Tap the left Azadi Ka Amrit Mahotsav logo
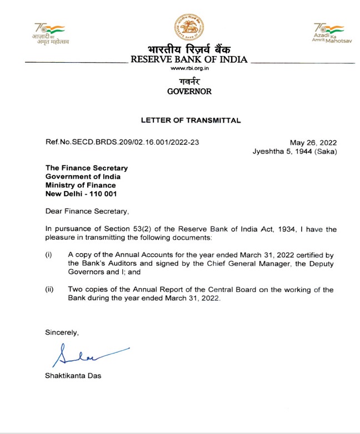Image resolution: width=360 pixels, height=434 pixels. [x=50, y=34]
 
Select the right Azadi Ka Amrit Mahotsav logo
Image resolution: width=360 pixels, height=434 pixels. [x=328, y=33]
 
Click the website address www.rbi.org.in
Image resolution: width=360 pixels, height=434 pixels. [x=189, y=68]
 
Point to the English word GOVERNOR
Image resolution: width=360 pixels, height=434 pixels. [x=189, y=92]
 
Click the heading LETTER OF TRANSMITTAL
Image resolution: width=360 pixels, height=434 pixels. [x=191, y=120]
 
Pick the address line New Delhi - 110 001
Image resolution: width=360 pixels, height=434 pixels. [x=81, y=194]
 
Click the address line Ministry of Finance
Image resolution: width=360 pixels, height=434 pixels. [x=81, y=185]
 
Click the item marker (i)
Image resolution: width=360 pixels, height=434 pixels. [x=48, y=255]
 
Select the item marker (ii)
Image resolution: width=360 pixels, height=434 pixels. [x=49, y=290]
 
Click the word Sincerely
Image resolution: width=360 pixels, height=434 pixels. [x=62, y=332]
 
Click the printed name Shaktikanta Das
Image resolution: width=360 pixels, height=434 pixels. [x=74, y=376]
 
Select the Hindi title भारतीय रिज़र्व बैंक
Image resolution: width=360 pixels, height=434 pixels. [x=189, y=49]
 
